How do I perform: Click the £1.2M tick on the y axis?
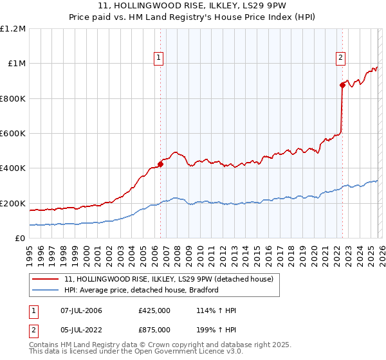click(x=13, y=29)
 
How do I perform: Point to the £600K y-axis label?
click(x=13, y=134)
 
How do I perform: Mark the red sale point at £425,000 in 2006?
click(x=160, y=164)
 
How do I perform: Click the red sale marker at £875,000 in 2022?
click(x=342, y=85)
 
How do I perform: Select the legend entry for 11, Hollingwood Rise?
click(x=169, y=279)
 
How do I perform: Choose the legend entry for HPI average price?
click(x=142, y=290)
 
